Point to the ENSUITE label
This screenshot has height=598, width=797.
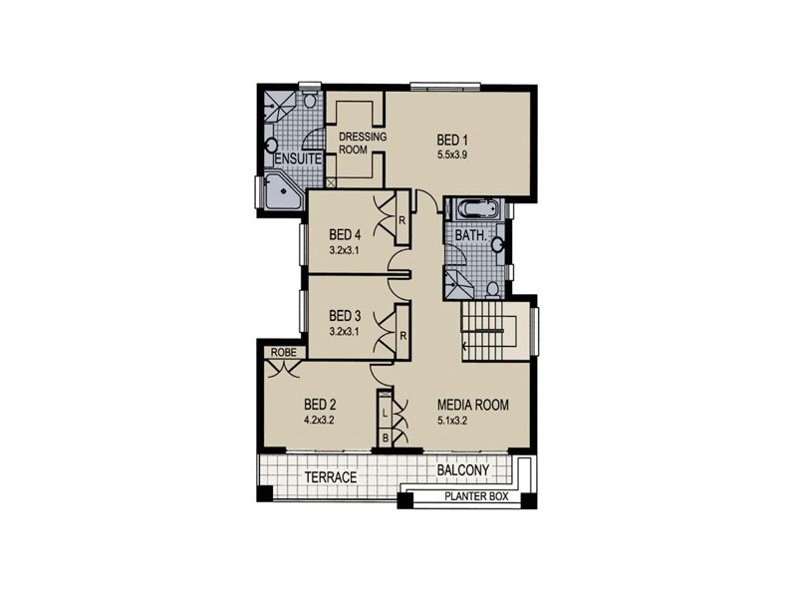click(297, 159)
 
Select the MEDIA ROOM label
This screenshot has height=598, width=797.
click(473, 405)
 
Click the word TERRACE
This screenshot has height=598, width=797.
click(330, 477)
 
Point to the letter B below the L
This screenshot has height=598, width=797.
click(385, 438)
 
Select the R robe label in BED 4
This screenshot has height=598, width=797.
click(400, 220)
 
